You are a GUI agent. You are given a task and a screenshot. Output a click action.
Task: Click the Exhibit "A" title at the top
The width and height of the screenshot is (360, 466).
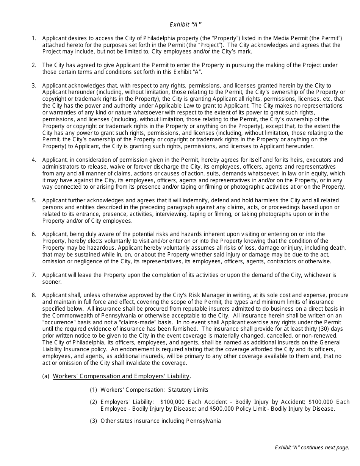click(185, 25)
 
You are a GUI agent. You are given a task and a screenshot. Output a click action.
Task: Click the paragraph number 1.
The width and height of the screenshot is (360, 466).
click(34, 38)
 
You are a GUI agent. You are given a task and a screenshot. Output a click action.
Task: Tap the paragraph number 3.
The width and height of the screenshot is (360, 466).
click(34, 86)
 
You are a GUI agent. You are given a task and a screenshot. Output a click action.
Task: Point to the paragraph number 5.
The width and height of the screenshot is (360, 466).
click(34, 200)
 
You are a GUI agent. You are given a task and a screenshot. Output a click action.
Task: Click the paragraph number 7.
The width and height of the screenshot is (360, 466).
click(34, 275)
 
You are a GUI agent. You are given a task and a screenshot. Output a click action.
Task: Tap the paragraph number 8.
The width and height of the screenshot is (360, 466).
click(34, 295)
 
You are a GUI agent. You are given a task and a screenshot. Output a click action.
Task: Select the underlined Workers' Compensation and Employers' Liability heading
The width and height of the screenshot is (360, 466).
click(121, 376)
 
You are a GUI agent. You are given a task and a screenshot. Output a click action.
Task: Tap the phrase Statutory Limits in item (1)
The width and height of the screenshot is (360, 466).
click(188, 390)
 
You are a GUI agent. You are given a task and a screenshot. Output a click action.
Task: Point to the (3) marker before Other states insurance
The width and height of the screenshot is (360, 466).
click(94, 421)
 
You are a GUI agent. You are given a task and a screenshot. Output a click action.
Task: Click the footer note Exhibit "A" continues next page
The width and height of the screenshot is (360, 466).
click(312, 448)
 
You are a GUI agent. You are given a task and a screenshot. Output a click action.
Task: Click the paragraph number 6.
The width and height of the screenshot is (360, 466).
click(34, 234)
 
